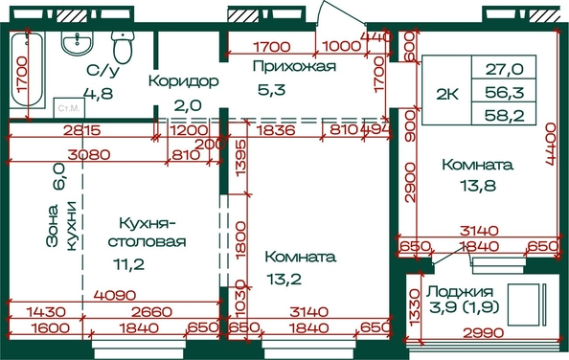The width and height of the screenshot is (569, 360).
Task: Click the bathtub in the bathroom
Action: click(26, 69)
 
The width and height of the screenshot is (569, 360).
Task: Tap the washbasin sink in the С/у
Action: click(77, 43)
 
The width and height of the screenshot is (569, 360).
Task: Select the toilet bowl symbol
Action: click(123, 46)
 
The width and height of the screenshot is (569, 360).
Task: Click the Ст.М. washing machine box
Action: click(69, 107)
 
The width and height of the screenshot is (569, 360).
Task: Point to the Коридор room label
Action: click(184, 80)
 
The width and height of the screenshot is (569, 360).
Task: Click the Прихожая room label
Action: click(294, 66)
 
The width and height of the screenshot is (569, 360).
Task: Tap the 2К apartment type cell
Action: click(447, 94)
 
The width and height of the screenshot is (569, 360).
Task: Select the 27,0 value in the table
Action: click(505, 69)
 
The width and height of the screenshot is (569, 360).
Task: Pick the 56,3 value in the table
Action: click(505, 93)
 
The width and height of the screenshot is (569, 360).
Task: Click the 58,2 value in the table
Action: click(505, 116)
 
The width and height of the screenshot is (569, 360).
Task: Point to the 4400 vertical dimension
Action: click(551, 144)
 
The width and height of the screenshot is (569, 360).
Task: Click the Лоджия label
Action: click(460, 291)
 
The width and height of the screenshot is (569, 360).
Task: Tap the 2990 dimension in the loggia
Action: click(484, 333)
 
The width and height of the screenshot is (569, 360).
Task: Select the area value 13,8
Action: click(478, 186)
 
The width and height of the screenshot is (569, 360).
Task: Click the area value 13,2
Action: click(284, 280)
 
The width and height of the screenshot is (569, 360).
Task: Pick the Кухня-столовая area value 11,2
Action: click(128, 264)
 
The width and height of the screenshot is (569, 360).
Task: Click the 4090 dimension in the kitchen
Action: click(115, 296)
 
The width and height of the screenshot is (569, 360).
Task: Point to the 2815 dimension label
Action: click(81, 130)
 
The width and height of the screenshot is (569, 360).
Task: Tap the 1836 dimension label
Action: click(276, 130)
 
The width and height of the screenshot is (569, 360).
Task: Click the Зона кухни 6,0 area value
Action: click(58, 176)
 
